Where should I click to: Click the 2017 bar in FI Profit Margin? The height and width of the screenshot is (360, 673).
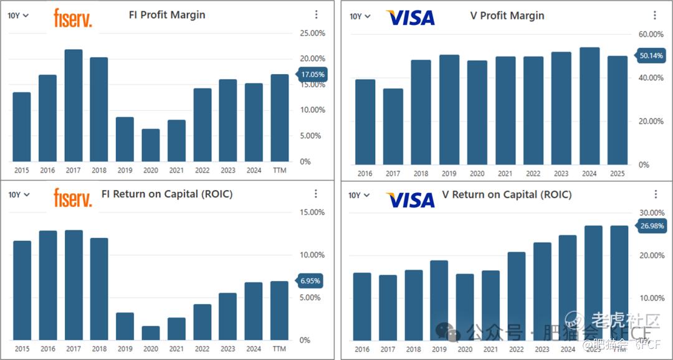[74, 105]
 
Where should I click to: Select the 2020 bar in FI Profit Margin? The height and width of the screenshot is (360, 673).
[151, 145]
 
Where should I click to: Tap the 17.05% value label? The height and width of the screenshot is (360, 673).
[312, 74]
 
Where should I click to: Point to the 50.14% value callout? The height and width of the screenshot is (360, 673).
[651, 55]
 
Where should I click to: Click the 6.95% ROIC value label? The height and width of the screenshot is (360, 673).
[310, 281]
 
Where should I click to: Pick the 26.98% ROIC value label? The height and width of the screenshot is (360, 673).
[651, 225]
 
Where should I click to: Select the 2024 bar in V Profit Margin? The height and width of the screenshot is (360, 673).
[589, 106]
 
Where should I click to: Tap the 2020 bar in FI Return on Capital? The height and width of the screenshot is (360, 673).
[151, 333]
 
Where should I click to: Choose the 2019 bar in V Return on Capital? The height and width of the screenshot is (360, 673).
[439, 300]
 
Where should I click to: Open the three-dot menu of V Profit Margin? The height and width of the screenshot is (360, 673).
[654, 16]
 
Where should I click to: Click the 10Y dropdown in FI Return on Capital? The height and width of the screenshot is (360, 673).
[18, 195]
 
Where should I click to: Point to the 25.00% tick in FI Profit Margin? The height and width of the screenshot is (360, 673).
[313, 33]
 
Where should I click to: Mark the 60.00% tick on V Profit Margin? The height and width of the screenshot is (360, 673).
[652, 34]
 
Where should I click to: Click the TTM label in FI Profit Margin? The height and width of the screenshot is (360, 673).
[279, 170]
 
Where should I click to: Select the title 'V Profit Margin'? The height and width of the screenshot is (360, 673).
[507, 16]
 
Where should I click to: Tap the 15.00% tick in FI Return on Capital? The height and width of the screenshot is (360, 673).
[312, 212]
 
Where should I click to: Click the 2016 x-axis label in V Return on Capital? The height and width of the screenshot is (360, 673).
[361, 350]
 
